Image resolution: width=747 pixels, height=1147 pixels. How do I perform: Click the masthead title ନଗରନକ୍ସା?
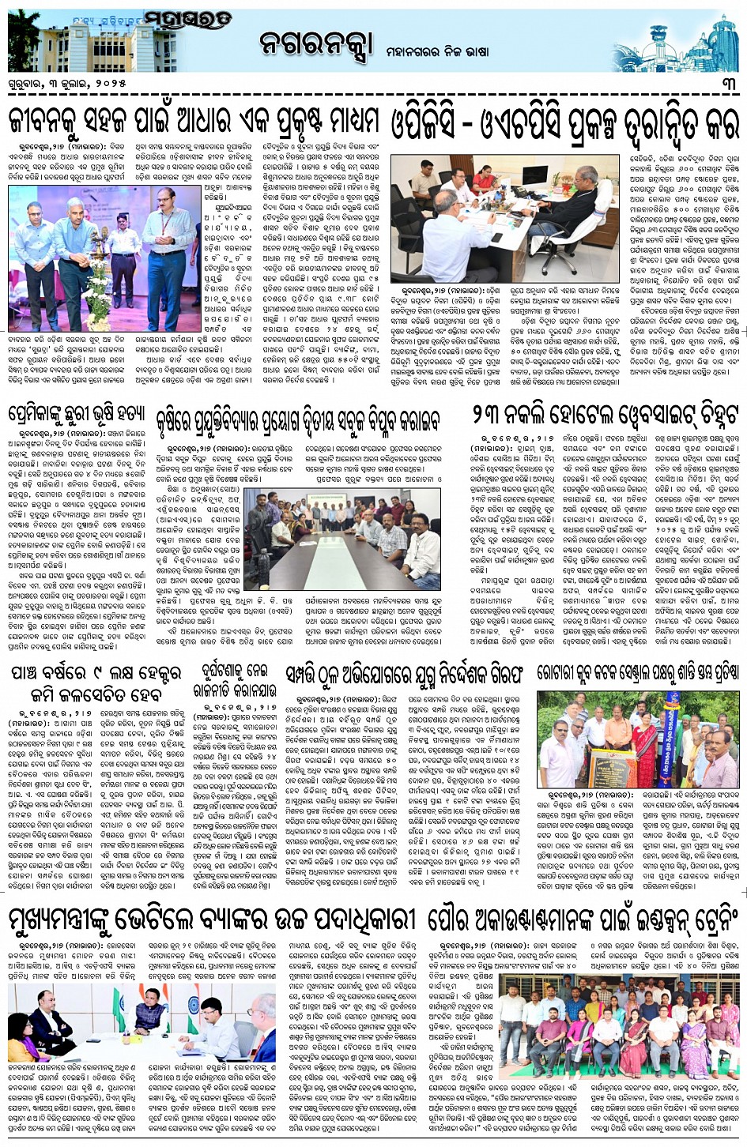[315, 46]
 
